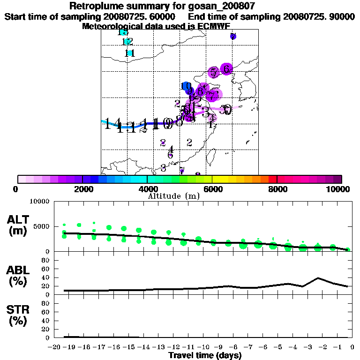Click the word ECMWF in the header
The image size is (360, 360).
216,26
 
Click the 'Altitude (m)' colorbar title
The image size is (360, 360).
174,196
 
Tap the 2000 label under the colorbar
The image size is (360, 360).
82,189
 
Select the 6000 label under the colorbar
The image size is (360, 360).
213,189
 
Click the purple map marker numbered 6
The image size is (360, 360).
226,69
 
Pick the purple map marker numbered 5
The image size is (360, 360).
213,73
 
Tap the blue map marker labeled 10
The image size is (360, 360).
186,86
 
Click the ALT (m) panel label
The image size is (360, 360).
18,225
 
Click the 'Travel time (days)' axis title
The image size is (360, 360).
205,356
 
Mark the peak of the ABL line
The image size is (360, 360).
318,278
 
